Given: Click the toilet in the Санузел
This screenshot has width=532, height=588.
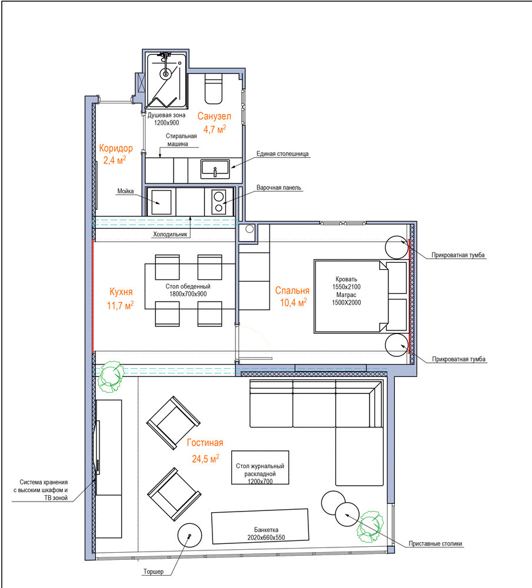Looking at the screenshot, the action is click(x=213, y=89).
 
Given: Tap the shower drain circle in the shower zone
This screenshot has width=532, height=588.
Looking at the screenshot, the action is click(x=165, y=73).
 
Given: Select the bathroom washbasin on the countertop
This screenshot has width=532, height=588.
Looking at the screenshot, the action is click(x=215, y=169).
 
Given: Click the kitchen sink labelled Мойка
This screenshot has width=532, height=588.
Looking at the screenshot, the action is click(x=161, y=202).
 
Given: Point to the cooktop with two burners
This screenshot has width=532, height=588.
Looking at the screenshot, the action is click(x=218, y=202).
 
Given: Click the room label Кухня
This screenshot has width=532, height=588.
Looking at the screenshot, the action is click(x=121, y=292).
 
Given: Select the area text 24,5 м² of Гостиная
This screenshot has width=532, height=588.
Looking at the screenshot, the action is click(x=205, y=458).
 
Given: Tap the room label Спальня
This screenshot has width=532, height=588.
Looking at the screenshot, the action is click(x=292, y=290).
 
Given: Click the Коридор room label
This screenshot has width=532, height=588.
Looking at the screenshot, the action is click(x=116, y=148).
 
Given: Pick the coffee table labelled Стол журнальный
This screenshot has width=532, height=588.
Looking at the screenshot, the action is click(x=260, y=467).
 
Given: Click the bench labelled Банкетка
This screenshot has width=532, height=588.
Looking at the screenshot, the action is click(x=260, y=526).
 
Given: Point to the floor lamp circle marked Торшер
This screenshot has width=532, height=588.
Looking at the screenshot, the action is click(x=189, y=535).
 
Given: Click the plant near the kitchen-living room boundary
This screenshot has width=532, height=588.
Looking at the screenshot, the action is click(x=111, y=376).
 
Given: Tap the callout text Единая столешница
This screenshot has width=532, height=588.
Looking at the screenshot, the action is click(x=282, y=153).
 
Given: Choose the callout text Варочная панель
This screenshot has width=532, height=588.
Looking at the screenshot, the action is click(x=279, y=188).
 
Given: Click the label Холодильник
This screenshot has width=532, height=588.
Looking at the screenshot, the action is click(x=170, y=235).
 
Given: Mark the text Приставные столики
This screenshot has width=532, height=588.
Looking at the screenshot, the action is click(x=435, y=544).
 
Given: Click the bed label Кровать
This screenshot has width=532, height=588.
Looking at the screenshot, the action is click(x=346, y=279).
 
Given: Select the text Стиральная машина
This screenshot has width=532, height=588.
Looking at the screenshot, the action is click(x=181, y=140).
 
